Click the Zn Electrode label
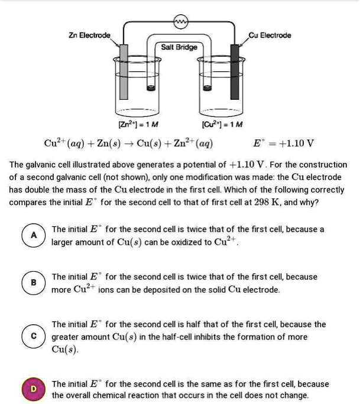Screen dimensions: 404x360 point(87,35)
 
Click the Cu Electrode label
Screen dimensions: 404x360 point(270,35)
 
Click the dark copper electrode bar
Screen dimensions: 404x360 point(235,71)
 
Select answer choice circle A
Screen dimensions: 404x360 point(34,235)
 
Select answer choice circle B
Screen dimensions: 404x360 point(34,283)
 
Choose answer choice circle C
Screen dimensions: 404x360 point(34,336)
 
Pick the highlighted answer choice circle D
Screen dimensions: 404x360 point(34,389)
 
